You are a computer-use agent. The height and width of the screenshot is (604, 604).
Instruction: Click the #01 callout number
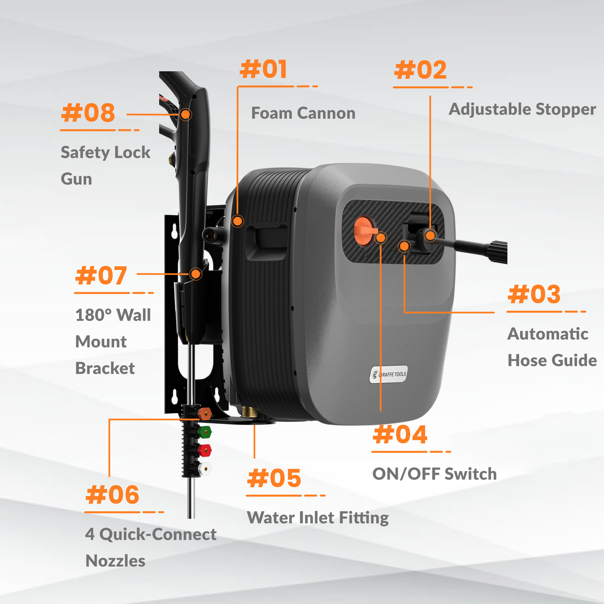264,69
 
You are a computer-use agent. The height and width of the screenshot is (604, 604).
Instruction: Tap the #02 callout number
421,70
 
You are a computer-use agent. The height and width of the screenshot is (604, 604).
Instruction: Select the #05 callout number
274,478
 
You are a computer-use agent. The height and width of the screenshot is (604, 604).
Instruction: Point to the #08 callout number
88,113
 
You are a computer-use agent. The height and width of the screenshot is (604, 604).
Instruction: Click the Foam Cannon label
303,113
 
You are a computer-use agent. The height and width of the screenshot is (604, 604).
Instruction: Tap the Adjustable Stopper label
522,109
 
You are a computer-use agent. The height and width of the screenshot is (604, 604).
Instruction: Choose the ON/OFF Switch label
434,474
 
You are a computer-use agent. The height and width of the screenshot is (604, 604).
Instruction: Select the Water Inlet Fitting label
318,517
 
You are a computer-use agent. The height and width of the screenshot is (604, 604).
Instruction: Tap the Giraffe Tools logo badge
389,375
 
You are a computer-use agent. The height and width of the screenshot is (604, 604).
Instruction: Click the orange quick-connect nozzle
204,414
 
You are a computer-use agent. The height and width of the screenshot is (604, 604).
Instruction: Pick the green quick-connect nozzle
205,431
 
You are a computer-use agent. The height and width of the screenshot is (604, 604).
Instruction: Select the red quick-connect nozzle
205,450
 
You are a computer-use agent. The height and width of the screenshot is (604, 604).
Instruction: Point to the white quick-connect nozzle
205,469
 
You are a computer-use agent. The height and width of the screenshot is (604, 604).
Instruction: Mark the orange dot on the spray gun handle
186,114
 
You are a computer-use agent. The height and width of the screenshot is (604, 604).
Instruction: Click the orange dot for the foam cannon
237,221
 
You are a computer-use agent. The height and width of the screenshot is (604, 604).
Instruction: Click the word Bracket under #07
105,368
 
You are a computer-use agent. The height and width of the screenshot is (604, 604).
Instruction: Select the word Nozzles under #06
115,561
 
